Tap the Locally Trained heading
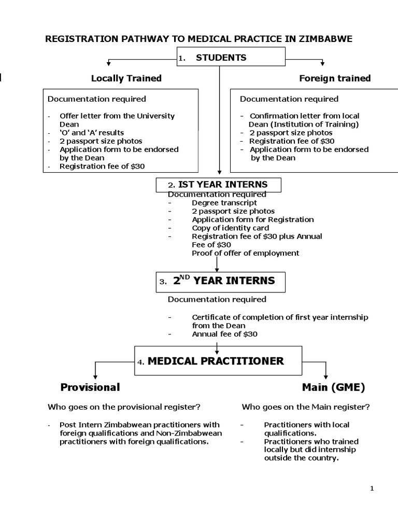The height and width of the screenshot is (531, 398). [x=126, y=78]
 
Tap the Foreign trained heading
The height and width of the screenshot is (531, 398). [x=335, y=78]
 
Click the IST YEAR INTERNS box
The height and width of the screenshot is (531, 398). [x=218, y=185]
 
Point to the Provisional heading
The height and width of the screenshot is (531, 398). [x=90, y=387]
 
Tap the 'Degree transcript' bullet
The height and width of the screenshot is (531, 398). [x=223, y=203]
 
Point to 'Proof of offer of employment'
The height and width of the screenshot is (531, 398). [x=245, y=253]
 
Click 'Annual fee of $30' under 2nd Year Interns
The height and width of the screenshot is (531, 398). [x=224, y=334]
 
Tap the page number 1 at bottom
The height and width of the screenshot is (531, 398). [x=372, y=488]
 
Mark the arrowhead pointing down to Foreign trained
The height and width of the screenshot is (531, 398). [x=323, y=64]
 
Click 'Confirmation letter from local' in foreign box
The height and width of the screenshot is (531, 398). [x=304, y=116]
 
